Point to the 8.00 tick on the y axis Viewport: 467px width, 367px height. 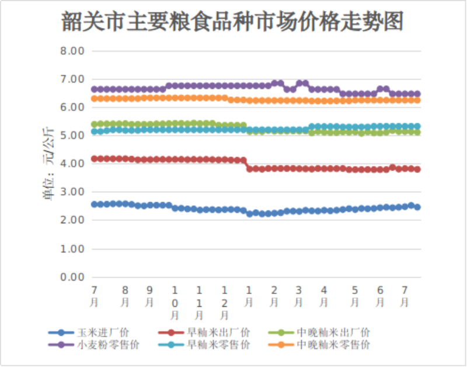pyautogui.click(x=73, y=51)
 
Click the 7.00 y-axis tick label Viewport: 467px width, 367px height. pyautogui.click(x=73, y=79)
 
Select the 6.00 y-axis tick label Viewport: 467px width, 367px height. pyautogui.click(x=73, y=108)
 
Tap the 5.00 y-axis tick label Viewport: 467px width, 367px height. pyautogui.click(x=73, y=136)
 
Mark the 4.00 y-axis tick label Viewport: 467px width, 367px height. pyautogui.click(x=73, y=164)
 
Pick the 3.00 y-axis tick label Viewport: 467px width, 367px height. pyautogui.click(x=73, y=192)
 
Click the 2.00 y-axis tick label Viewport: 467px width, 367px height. pyautogui.click(x=73, y=220)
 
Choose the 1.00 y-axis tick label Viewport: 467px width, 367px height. pyautogui.click(x=73, y=249)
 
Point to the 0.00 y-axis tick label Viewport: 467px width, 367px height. pyautogui.click(x=73, y=277)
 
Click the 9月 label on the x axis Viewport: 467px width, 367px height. pyautogui.click(x=150, y=296)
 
